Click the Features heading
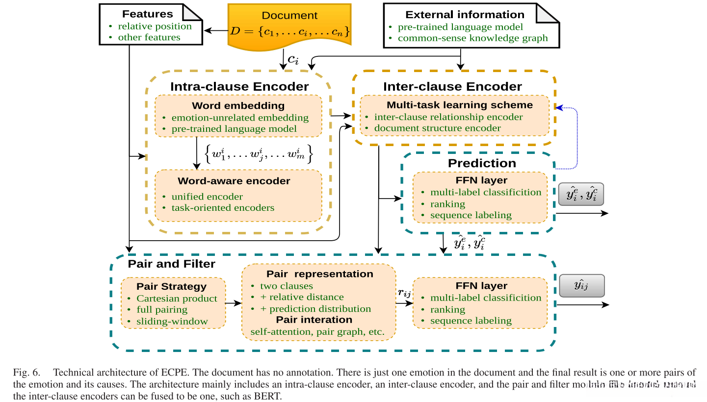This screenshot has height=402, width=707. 147,14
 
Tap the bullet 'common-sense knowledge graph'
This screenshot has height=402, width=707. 472,38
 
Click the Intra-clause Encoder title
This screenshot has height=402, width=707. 239,87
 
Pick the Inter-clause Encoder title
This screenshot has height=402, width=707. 452,87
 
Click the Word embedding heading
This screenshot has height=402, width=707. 238,105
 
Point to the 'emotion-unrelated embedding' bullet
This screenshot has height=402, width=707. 239,118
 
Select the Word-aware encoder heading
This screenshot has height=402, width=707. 234,181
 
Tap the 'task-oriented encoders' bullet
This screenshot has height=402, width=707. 222,207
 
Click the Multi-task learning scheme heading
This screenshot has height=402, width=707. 460,105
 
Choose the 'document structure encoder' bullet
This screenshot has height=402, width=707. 437,128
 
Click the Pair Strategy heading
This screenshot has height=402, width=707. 171,286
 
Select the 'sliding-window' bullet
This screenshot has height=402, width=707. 172,322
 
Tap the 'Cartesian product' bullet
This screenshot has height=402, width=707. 177,298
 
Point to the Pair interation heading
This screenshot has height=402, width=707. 314,320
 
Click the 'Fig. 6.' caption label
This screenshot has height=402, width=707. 26,372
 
